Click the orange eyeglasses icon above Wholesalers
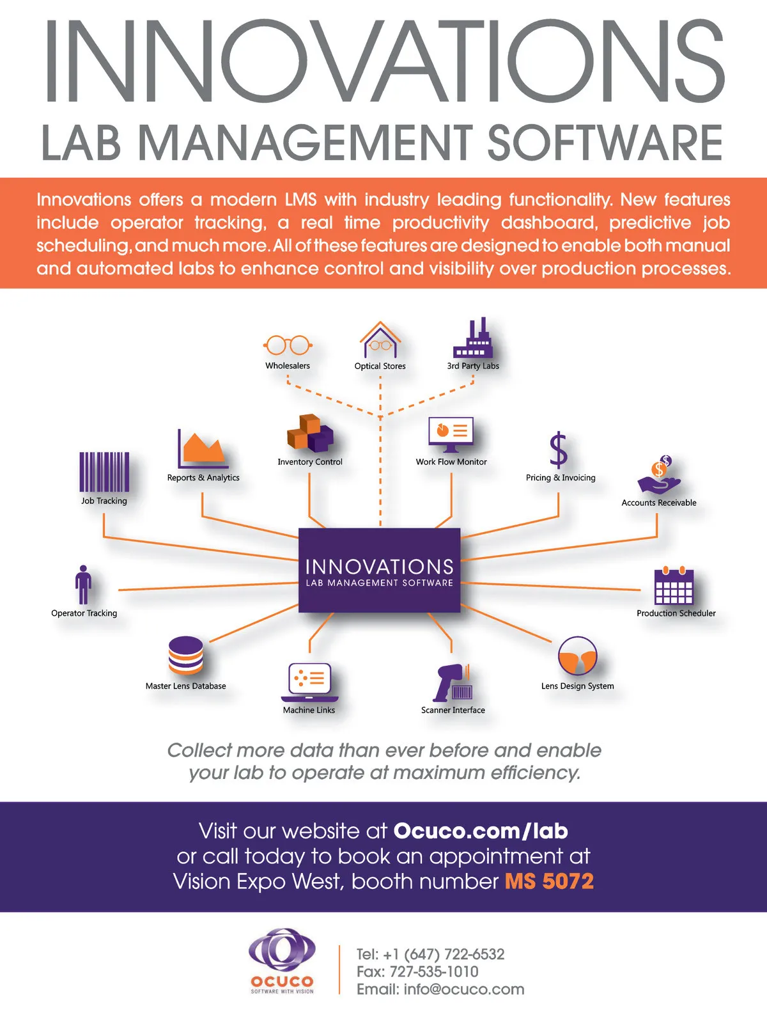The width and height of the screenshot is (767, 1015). click(x=288, y=345)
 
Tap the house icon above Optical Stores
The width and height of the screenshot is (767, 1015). click(x=380, y=340)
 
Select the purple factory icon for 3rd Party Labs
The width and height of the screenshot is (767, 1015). click(x=473, y=339)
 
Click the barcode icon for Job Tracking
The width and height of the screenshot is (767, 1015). click(x=104, y=472)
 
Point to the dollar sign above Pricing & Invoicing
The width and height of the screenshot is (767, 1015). click(x=559, y=450)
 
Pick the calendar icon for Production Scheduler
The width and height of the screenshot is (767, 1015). click(x=674, y=586)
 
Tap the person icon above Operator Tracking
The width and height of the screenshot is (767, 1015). click(x=83, y=585)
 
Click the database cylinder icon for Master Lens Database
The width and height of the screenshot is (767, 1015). click(x=186, y=655)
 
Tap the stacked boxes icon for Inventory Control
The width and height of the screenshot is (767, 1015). click(x=310, y=433)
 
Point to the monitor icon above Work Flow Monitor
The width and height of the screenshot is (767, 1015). click(x=451, y=435)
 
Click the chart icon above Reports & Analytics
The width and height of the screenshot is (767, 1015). click(x=203, y=449)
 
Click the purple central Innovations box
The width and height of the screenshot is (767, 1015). click(x=380, y=570)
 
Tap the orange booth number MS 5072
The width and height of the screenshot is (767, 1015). click(x=549, y=881)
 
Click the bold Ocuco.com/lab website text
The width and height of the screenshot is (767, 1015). click(x=481, y=831)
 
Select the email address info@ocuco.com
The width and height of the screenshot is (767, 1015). click(x=464, y=989)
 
